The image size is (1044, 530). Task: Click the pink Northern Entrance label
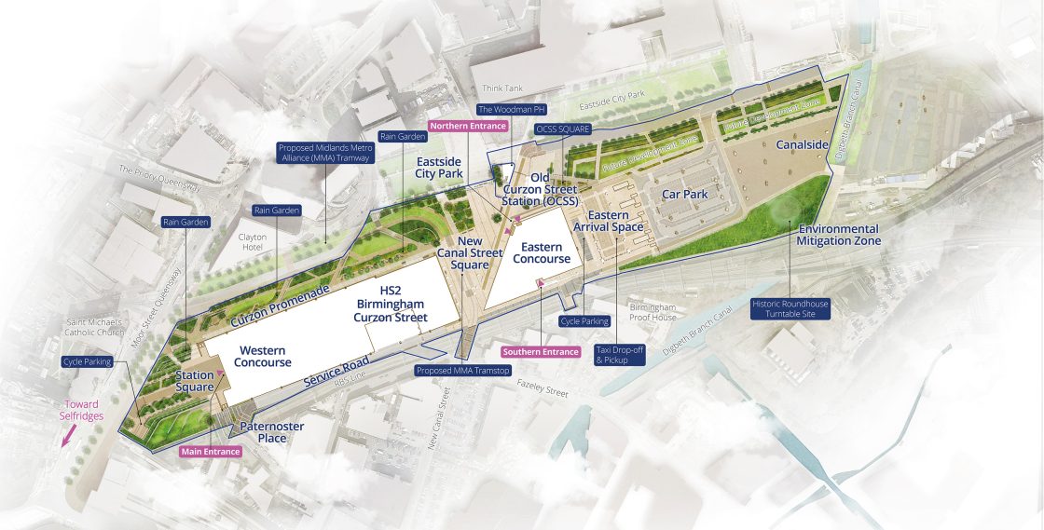467,126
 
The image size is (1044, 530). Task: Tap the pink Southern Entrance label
541,352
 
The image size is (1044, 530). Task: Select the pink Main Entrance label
210,452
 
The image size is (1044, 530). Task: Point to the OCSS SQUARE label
562,128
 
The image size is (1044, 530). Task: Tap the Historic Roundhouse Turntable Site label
790,309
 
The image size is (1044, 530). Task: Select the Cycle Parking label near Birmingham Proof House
584,321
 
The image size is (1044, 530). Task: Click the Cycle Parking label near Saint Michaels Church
87,361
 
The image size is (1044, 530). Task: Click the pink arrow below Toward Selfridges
65,436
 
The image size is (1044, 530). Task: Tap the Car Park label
685,195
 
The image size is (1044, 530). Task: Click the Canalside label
803,145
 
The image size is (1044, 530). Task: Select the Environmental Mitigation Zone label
838,235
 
